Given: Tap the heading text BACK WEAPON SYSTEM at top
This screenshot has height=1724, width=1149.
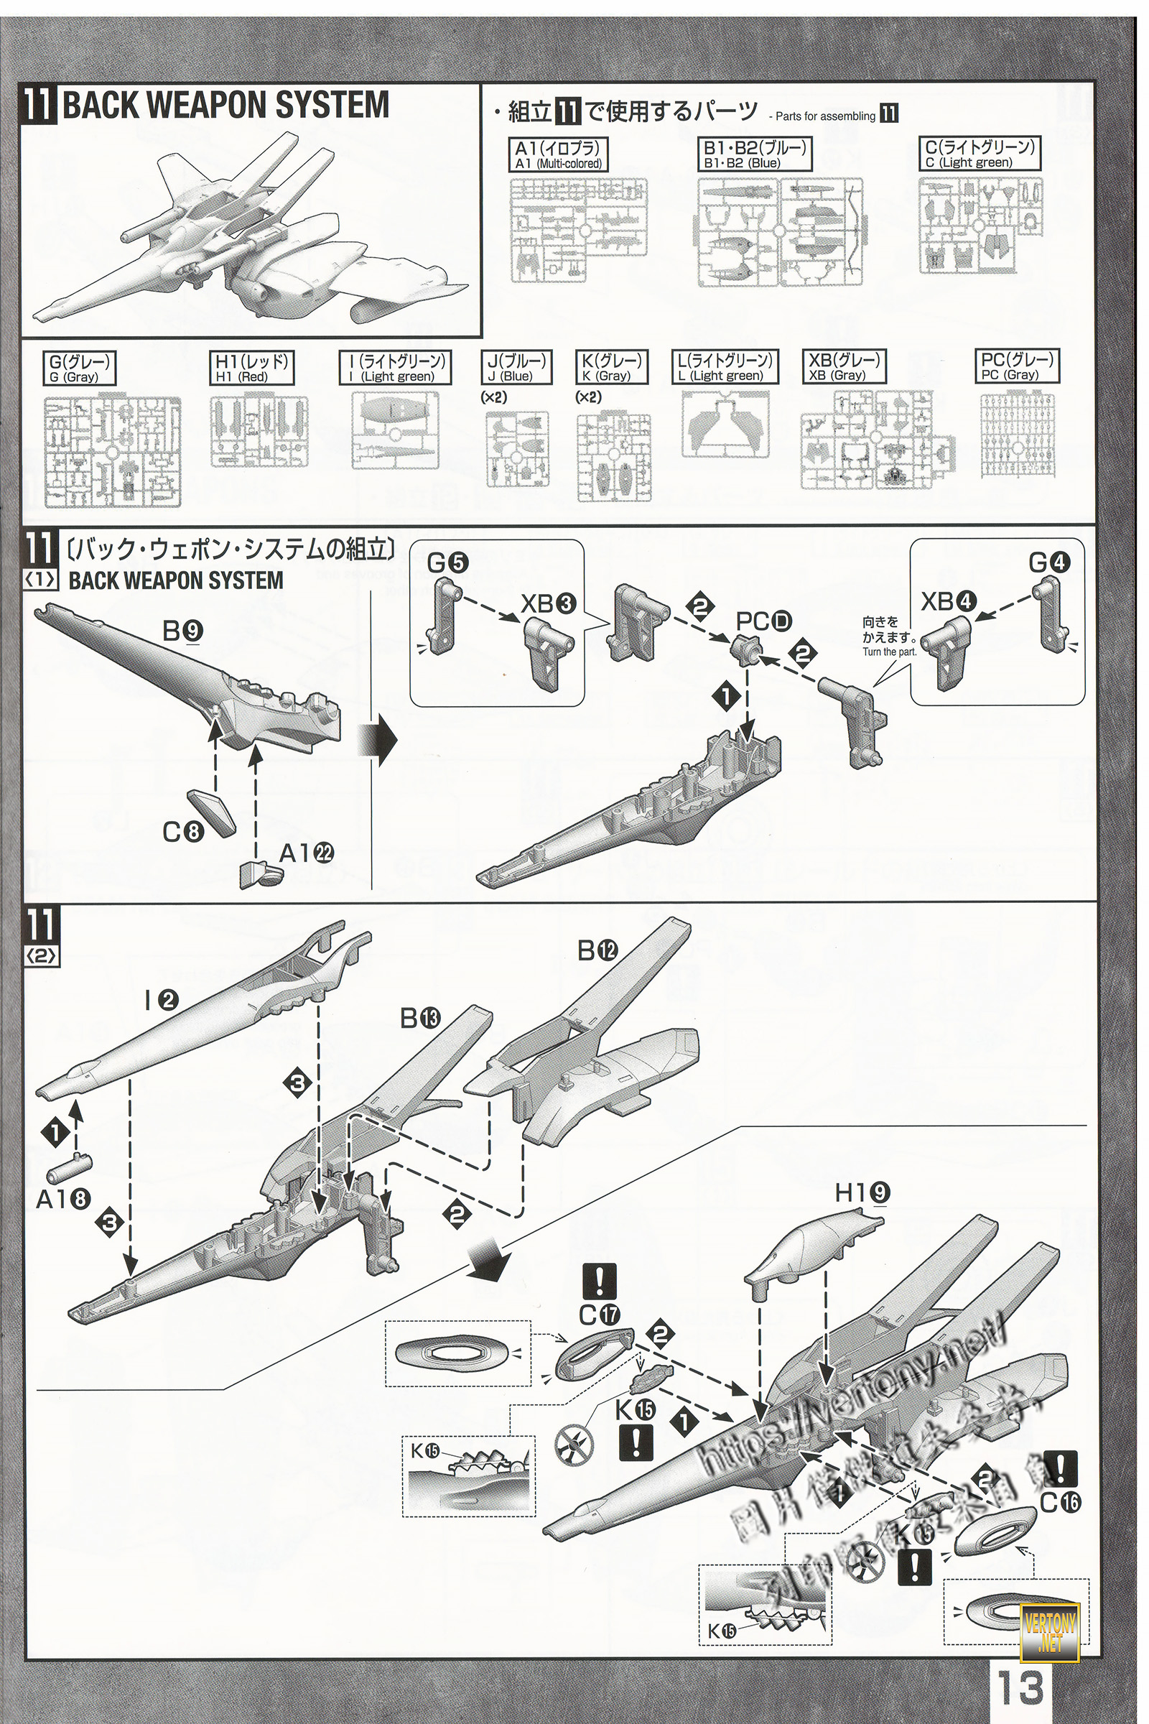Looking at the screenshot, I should click(225, 106).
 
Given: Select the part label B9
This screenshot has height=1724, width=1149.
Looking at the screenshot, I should click(183, 631).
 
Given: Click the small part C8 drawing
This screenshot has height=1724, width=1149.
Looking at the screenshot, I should click(213, 812).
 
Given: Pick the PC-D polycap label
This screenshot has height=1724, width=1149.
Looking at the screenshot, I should click(764, 622).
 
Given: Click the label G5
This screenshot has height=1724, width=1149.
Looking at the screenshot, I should click(447, 563).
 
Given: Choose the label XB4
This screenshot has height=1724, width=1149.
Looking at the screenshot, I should click(948, 602).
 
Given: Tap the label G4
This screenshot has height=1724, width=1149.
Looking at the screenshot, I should click(1048, 563).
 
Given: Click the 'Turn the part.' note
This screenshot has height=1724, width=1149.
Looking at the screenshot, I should click(889, 652).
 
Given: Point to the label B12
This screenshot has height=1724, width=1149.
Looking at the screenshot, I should click(597, 950).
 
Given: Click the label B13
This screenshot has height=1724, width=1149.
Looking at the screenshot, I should click(420, 1018).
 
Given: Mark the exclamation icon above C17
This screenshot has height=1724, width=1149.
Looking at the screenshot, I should click(600, 1282).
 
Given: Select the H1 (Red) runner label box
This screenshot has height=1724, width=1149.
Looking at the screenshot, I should click(251, 368).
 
